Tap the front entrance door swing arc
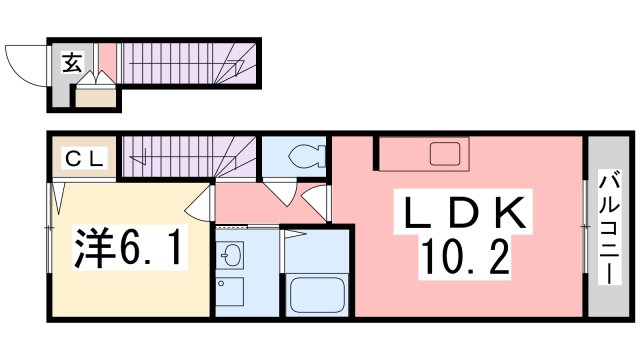[x=24, y=65]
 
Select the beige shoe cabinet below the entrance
[x=96, y=98]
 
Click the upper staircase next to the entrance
[x=185, y=66]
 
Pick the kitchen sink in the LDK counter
[x=444, y=155]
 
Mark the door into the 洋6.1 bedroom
[x=203, y=203]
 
